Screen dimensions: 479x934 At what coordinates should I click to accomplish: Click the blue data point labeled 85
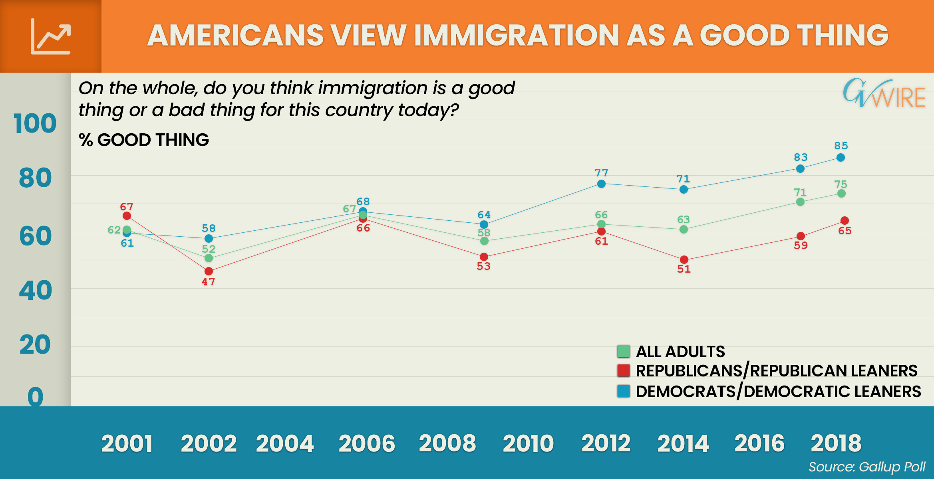[x=841, y=158]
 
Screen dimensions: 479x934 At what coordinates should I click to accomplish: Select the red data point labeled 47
[x=209, y=271]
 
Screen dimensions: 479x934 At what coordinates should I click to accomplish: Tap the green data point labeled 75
[x=841, y=194]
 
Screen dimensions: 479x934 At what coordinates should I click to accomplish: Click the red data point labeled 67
[x=127, y=216]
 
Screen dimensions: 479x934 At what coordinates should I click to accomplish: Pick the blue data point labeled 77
[x=601, y=184]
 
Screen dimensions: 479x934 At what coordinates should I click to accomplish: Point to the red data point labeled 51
[x=684, y=259]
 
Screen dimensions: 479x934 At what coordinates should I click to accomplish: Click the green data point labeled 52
[x=209, y=258]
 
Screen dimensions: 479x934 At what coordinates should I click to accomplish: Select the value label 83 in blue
[x=801, y=157]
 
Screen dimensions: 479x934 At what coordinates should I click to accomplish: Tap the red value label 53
[x=483, y=266]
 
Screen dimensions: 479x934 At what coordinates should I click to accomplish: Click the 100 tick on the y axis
[x=35, y=123]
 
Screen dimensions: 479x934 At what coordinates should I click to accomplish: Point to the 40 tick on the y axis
[x=35, y=290]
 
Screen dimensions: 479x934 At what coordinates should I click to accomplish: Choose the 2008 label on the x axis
[x=447, y=443]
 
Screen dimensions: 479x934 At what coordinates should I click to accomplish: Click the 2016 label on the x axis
[x=759, y=443]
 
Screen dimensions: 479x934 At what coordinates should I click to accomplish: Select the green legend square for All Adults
[x=623, y=352]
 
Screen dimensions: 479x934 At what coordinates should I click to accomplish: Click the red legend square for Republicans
[x=623, y=371]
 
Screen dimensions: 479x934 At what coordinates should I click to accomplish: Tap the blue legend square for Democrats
[x=623, y=391]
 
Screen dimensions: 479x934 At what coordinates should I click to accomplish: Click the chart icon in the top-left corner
[x=51, y=36]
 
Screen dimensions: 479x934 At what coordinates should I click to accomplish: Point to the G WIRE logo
[x=884, y=94]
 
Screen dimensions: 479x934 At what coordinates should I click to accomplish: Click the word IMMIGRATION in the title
[x=517, y=36]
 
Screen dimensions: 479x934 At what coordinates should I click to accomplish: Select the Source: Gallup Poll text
[x=866, y=467]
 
